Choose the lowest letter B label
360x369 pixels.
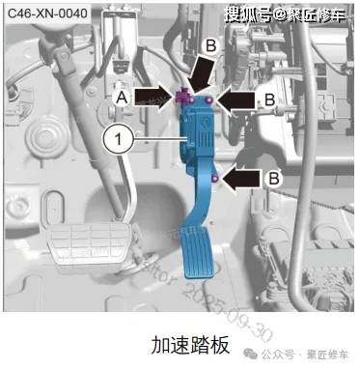[x=275, y=177]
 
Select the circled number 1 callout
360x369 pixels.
[x=117, y=140]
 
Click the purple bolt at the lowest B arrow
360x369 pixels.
[x=213, y=176]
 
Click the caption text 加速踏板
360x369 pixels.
[x=180, y=344]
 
